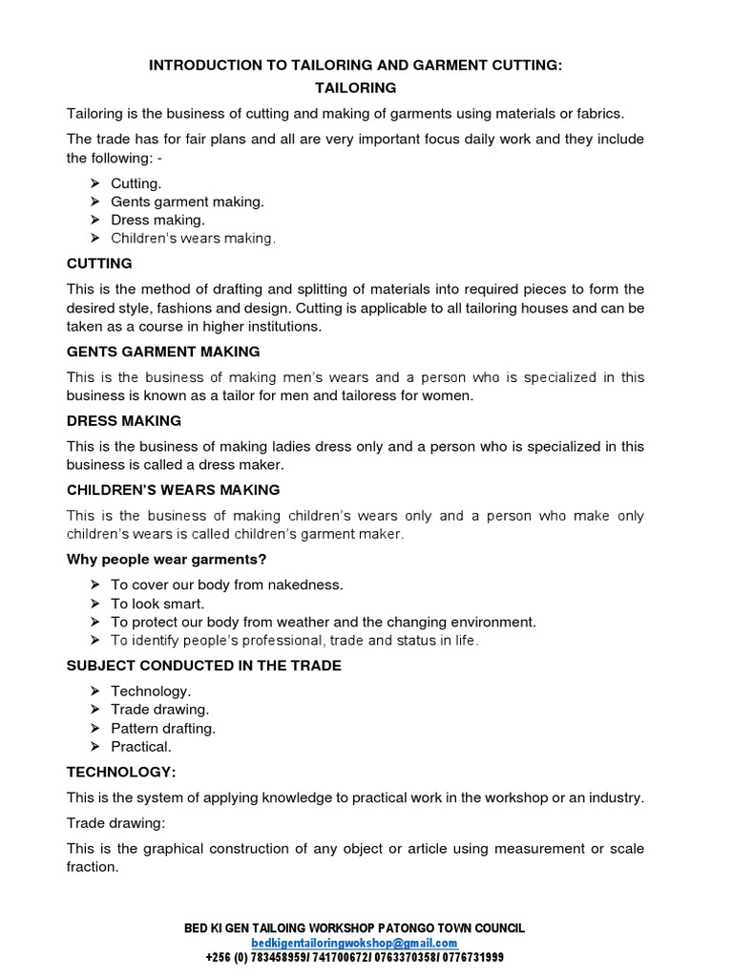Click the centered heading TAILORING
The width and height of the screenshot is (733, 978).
[356, 88]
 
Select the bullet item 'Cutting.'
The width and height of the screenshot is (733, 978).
[136, 182]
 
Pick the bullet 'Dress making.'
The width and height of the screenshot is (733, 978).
[157, 220]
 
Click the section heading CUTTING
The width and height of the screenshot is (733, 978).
[99, 264]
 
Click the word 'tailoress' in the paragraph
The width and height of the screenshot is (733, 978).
[383, 395]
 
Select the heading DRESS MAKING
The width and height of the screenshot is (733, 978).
[124, 420]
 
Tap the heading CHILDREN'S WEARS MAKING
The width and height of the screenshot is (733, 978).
[173, 490]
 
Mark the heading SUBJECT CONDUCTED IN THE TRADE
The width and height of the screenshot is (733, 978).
[203, 665]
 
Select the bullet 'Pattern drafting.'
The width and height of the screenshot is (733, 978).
[163, 728]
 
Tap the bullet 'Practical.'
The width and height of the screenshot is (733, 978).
[141, 746]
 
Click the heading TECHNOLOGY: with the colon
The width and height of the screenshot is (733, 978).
[121, 771]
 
